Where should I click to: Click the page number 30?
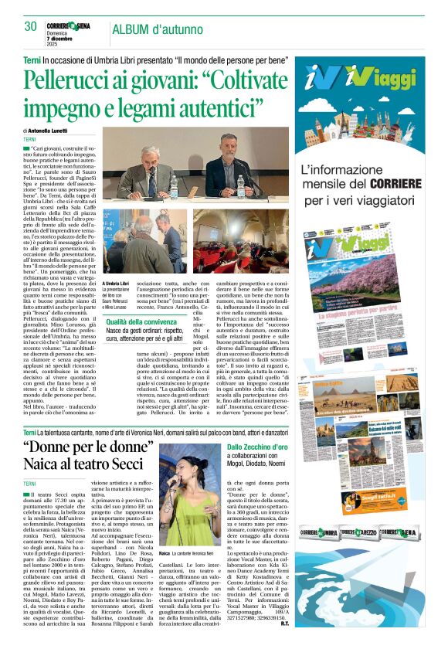click(30, 26)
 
